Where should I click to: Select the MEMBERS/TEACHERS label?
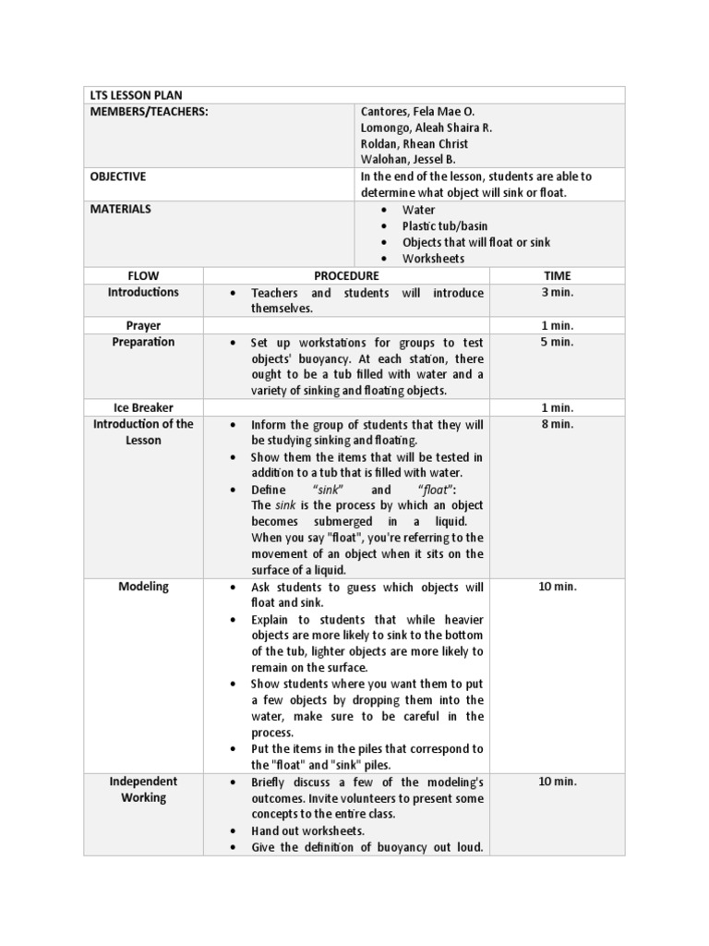click(149, 112)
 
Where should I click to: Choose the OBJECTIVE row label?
click(117, 176)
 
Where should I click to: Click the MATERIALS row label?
click(120, 209)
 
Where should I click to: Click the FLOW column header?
click(143, 275)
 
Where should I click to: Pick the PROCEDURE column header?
click(346, 275)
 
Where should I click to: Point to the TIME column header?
click(557, 275)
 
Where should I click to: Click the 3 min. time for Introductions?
click(557, 292)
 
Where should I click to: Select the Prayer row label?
click(143, 325)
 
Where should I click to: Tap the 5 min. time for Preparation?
click(557, 342)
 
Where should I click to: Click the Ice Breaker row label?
click(143, 407)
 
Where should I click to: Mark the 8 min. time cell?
click(557, 424)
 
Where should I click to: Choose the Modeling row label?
click(143, 588)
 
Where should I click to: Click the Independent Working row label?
click(143, 789)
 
